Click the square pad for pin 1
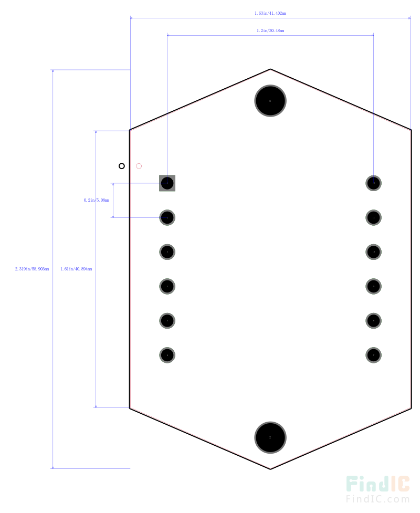point(167,183)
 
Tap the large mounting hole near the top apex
point(270,100)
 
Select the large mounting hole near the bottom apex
point(270,437)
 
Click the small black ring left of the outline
point(122,166)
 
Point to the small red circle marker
point(139,166)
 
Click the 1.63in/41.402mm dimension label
point(270,13)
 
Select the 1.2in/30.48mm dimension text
point(270,30)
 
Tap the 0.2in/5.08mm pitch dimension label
point(97,200)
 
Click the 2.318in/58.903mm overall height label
point(32,269)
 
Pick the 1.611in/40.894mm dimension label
point(76,269)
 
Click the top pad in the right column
point(373,183)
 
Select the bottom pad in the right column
point(373,355)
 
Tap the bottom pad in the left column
point(167,355)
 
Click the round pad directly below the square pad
point(167,217)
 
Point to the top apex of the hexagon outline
point(270,69)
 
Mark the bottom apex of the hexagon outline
point(270,468)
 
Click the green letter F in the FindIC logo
point(353,485)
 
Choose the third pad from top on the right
point(373,252)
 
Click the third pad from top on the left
point(167,252)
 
